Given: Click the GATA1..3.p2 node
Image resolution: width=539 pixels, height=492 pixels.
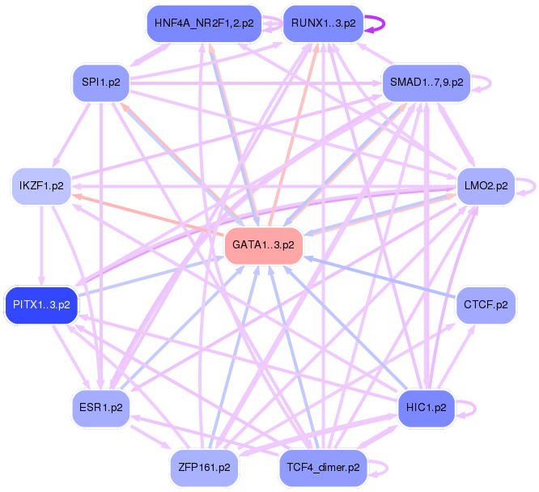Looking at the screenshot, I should tap(263, 244).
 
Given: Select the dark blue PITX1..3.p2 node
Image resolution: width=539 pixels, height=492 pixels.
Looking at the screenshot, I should tap(41, 305).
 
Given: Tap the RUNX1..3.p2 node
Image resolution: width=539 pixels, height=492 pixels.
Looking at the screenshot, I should tap(323, 23).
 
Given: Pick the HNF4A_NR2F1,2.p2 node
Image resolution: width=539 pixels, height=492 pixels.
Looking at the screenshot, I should tap(203, 23).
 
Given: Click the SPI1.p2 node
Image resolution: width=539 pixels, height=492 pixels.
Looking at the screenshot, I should tap(101, 82).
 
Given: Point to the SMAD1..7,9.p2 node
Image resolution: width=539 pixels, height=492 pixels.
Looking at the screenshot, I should tap(427, 82).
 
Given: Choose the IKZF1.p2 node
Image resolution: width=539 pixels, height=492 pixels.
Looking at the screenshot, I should tap(41, 185).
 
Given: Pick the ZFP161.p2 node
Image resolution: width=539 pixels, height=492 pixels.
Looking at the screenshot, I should tap(203, 467).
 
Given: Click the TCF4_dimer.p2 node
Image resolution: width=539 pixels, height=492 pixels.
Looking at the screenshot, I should tap(323, 467).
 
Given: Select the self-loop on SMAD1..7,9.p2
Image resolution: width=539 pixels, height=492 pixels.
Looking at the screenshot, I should tap(487, 82).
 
